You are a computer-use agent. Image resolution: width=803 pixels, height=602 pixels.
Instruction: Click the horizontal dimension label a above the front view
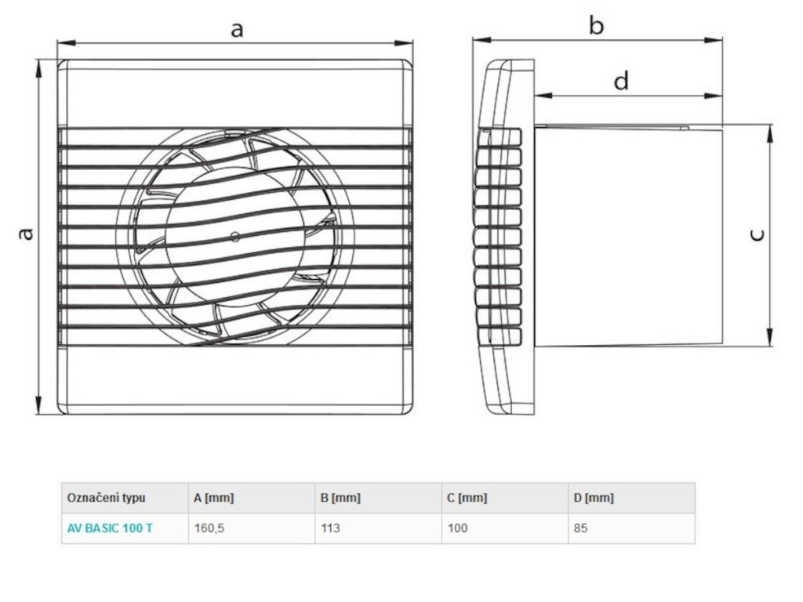point(236,30)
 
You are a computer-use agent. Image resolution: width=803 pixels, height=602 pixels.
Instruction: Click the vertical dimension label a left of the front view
point(26,234)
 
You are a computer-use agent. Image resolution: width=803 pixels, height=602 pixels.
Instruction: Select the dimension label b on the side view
point(596,27)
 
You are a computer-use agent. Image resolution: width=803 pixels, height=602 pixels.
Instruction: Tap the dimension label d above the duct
point(621,81)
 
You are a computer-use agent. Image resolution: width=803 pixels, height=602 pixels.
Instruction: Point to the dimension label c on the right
point(758,234)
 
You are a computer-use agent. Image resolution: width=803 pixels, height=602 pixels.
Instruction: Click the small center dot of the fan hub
point(234,236)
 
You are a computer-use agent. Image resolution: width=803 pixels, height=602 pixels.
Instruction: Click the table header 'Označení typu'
point(106,498)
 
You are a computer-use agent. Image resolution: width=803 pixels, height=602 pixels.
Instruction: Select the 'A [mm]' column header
point(213,498)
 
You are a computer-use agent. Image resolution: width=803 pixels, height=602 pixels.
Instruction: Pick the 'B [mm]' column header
point(341,498)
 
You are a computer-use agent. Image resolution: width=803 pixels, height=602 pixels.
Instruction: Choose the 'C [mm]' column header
point(467,498)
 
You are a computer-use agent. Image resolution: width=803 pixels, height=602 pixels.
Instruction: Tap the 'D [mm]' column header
point(594,498)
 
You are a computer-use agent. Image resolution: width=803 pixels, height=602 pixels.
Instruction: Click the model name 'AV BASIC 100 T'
point(110,528)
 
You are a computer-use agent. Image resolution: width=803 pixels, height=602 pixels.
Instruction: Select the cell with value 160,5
point(209,528)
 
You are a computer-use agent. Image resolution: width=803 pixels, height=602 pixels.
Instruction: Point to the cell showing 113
point(331,528)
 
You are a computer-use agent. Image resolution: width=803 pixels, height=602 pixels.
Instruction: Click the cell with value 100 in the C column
point(457,528)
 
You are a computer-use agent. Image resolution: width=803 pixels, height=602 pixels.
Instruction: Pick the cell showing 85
point(581,528)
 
